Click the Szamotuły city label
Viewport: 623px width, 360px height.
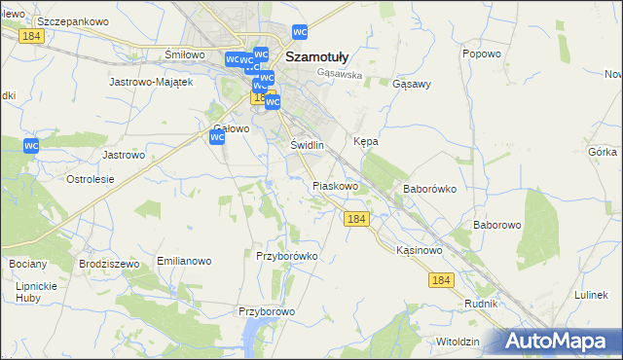(317, 56)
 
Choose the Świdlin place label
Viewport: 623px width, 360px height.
(307, 145)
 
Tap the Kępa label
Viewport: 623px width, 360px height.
(365, 141)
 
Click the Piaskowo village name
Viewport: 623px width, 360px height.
(336, 185)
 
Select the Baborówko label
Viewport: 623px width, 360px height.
(429, 189)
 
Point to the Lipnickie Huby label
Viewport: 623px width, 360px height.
(33, 292)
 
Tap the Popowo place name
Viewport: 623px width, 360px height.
(481, 54)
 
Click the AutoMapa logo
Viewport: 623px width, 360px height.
(558, 342)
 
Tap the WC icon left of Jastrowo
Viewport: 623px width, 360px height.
(31, 145)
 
